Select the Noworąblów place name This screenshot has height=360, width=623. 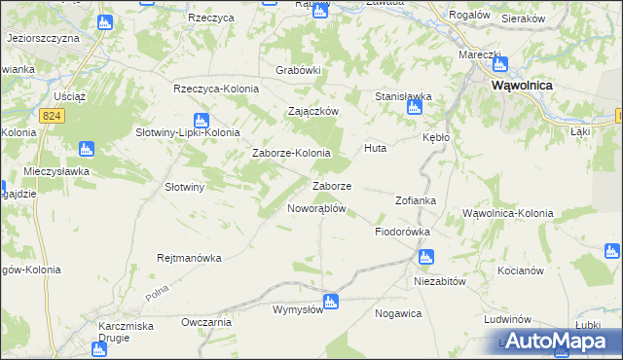(316, 208)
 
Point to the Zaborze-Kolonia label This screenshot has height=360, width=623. (291, 153)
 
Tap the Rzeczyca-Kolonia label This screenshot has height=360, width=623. (216, 89)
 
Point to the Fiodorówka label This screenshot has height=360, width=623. (403, 233)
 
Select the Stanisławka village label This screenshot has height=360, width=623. (403, 96)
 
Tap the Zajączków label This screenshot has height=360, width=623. (312, 111)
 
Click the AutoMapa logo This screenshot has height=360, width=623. (557, 341)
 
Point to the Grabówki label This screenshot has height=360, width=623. (298, 70)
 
